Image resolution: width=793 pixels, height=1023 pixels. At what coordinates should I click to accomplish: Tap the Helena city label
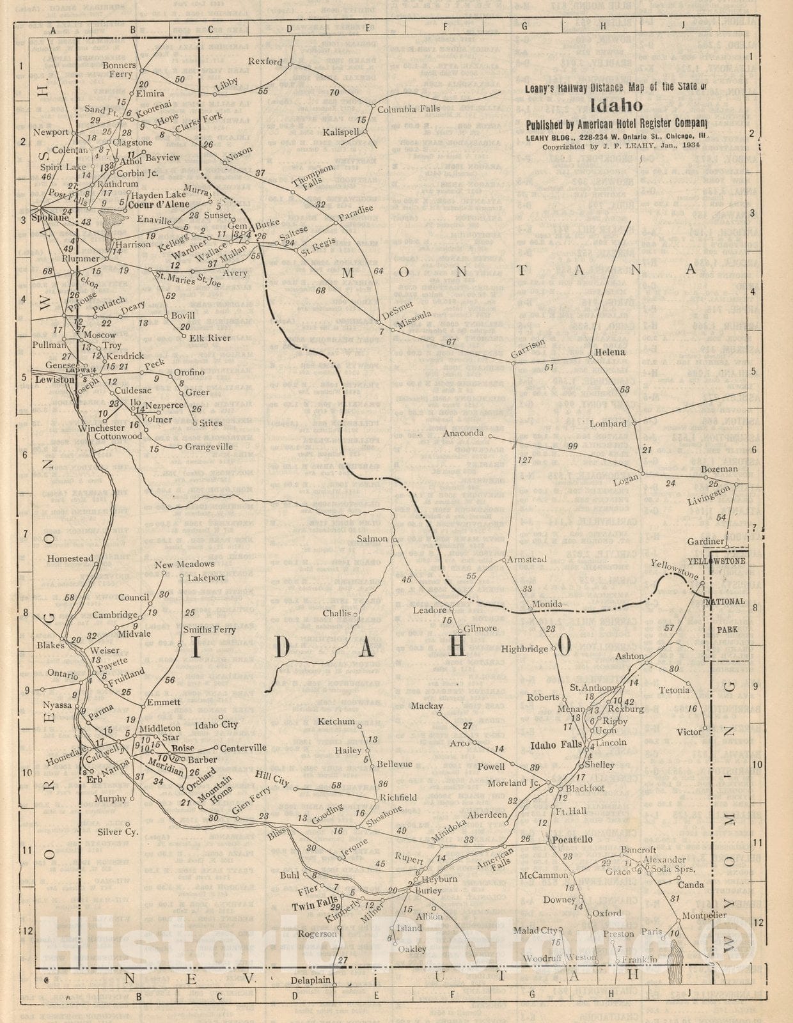click(610, 352)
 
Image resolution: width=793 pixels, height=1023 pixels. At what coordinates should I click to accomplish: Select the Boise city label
click(183, 747)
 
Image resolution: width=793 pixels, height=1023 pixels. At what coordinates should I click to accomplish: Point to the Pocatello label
click(572, 839)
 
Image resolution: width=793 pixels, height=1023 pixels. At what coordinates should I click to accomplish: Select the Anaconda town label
click(464, 433)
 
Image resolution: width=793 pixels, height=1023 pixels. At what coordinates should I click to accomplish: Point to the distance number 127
click(524, 460)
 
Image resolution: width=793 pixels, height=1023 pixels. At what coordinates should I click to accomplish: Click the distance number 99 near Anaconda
click(572, 446)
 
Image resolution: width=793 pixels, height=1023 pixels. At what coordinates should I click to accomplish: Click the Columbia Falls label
click(408, 109)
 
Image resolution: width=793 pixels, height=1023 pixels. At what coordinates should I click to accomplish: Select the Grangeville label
click(209, 447)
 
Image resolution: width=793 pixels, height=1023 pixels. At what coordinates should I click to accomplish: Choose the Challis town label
click(337, 613)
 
